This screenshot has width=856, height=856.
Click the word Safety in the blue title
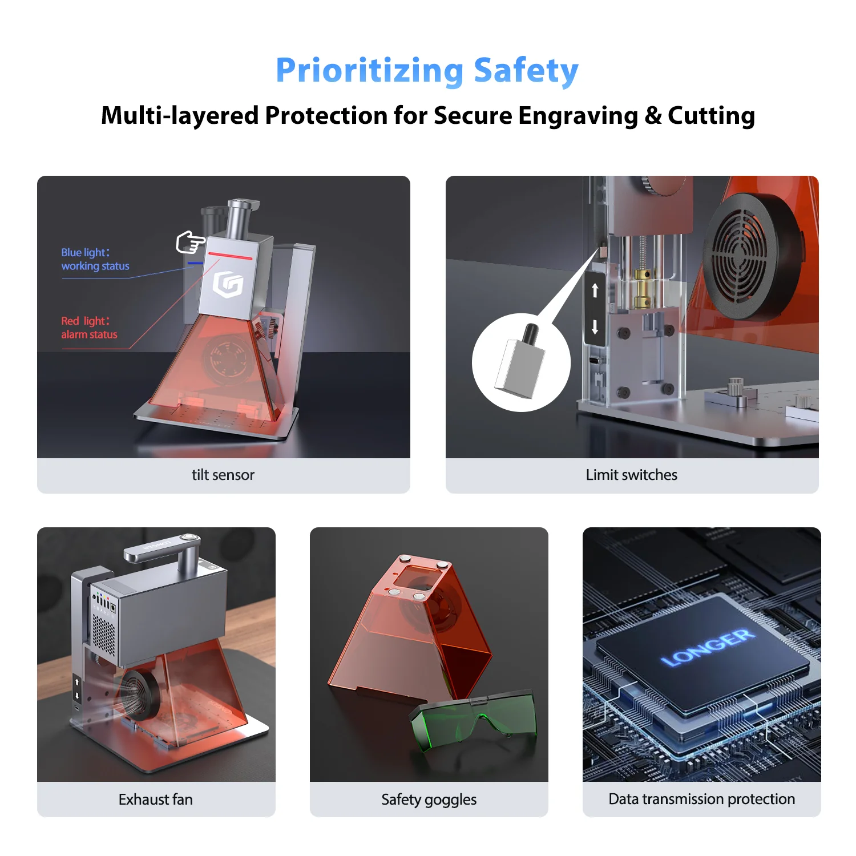526,71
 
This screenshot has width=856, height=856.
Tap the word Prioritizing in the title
369,71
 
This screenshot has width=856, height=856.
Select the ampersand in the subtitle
653,116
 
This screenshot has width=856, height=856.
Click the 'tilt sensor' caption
223,475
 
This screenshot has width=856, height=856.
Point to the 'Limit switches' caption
631,475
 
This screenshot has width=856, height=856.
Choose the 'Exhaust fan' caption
156,799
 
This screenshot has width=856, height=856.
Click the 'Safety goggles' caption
429,799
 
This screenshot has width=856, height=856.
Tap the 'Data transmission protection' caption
701,799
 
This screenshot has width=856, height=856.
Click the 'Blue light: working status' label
95,259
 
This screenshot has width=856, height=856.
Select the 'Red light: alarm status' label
89,328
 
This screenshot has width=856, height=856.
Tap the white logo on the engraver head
228,284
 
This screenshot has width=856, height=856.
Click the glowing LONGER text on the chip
707,648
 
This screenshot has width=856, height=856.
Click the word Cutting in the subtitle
711,116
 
